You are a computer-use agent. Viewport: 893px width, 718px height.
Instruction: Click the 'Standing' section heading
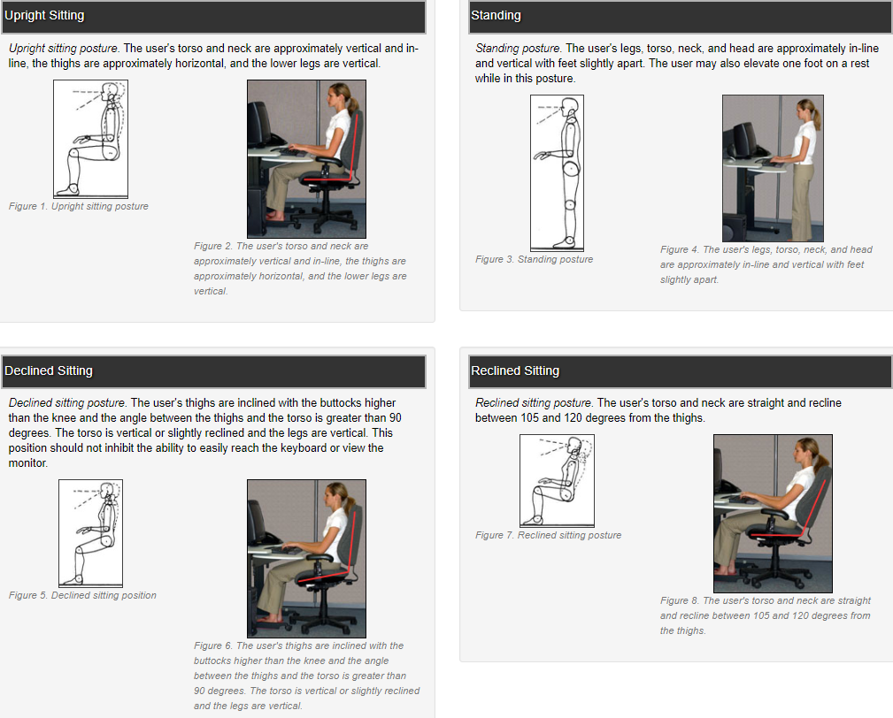coord(496,16)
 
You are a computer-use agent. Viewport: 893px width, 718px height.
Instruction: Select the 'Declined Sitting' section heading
coord(49,370)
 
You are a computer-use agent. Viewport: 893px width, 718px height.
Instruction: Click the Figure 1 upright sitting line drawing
coord(90,139)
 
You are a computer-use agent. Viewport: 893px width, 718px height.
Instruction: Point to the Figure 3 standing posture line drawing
coord(557,172)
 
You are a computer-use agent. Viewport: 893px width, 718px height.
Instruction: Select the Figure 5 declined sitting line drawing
coord(90,533)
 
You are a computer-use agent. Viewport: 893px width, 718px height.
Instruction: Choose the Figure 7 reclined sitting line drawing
coord(557,480)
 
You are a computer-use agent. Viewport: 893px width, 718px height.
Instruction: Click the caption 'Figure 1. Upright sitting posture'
coord(79,206)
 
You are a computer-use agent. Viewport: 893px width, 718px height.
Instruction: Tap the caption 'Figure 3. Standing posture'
coord(534,259)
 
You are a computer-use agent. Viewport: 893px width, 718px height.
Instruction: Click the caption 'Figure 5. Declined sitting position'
coord(82,595)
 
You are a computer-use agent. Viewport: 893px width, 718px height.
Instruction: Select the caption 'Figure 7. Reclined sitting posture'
coord(548,535)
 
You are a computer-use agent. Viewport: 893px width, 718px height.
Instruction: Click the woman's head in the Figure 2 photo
coord(341,95)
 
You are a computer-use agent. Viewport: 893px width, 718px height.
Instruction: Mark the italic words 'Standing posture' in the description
coord(518,49)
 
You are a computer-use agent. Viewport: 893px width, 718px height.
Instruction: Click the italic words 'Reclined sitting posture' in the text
coord(533,402)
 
